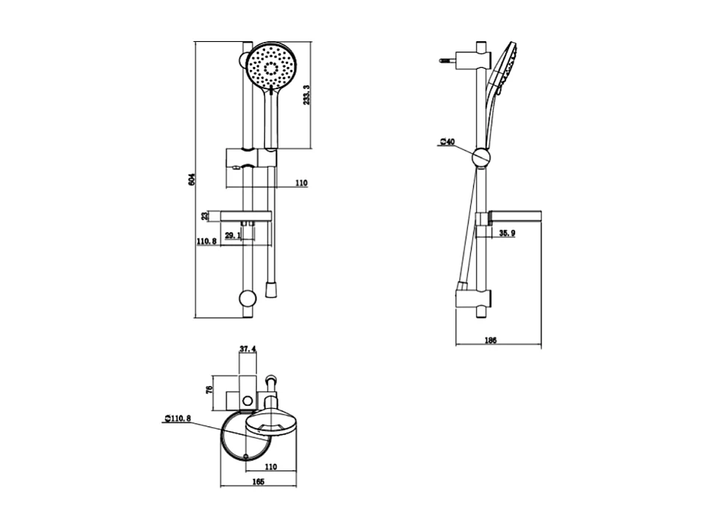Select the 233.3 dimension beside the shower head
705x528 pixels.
coord(307,93)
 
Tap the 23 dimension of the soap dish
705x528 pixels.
coord(205,217)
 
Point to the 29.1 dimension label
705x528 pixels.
coord(233,235)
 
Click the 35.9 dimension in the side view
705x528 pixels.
coord(507,233)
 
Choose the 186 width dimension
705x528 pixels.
coord(491,341)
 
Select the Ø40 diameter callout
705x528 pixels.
coord(447,142)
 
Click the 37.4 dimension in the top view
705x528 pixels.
coord(248,349)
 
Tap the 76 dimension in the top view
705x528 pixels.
coord(209,389)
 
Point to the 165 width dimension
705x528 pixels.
coord(258,482)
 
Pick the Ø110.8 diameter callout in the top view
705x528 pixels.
coord(178,418)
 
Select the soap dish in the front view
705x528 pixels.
coord(246,217)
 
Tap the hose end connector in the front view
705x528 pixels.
coord(270,289)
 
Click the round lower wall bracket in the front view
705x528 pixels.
coord(248,299)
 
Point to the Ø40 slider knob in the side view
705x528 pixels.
coord(481,158)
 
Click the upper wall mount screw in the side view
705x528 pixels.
coord(449,60)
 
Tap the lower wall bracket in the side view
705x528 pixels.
coord(474,298)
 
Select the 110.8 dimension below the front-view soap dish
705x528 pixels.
coord(207,242)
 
